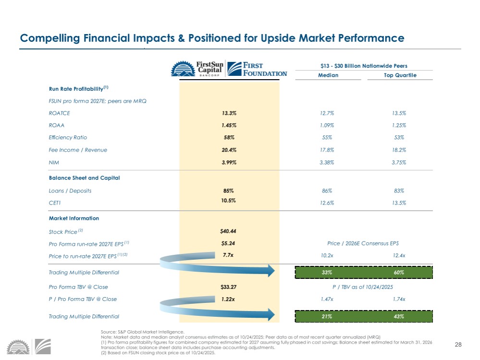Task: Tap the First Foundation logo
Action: tap(257, 69)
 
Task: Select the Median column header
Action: tap(328, 75)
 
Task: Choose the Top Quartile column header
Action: tap(400, 75)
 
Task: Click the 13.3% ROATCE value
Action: tap(229, 113)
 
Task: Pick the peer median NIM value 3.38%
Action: tap(328, 162)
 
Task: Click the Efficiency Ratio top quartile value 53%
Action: tap(399, 138)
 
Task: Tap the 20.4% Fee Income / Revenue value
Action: tap(229, 150)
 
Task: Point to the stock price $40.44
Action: tap(228, 231)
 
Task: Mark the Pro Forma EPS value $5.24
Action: tap(228, 243)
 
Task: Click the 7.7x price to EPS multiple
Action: tap(228, 255)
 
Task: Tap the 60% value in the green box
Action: tap(399, 273)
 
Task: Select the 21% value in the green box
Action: tap(328, 316)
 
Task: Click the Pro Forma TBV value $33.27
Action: tap(228, 287)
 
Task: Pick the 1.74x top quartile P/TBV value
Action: tap(399, 299)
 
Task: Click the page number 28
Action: tap(458, 345)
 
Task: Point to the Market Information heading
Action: tap(74, 218)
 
